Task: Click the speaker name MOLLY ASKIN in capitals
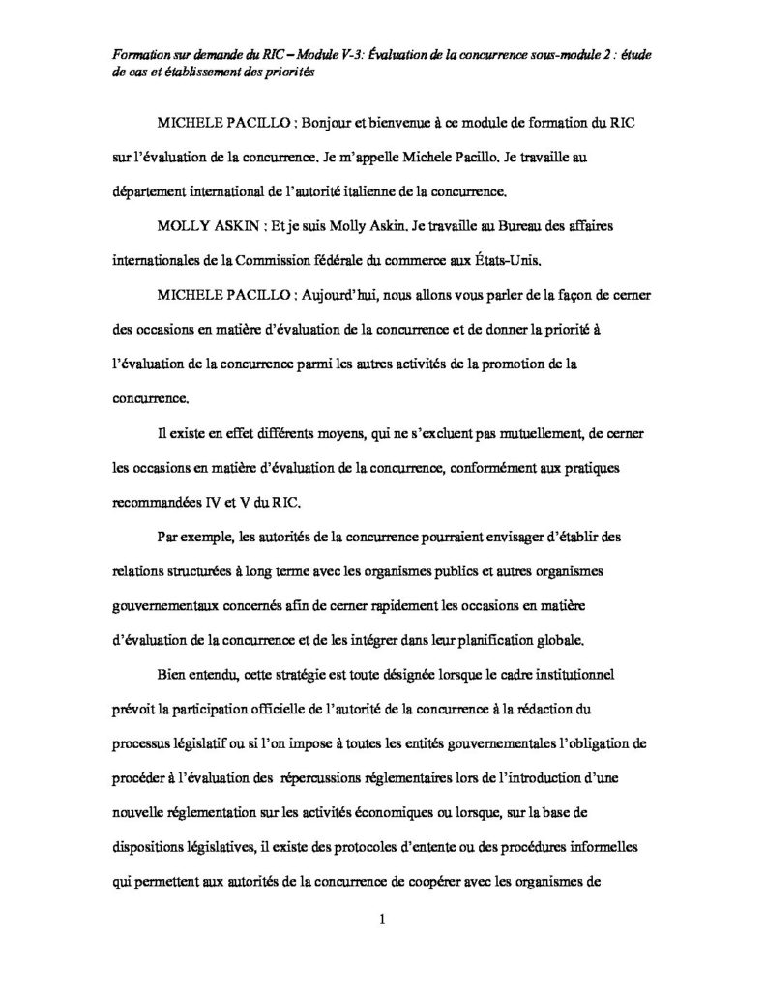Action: click(200, 225)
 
